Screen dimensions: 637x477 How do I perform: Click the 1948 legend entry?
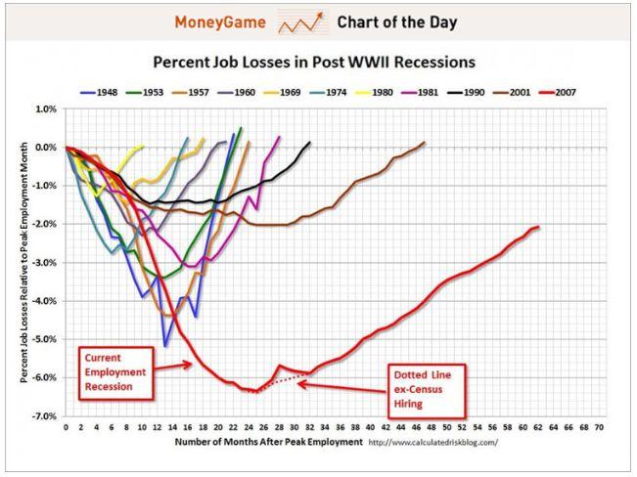[x=99, y=93]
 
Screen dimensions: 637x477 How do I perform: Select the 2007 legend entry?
[x=557, y=93]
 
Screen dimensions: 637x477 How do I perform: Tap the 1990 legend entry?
[x=466, y=93]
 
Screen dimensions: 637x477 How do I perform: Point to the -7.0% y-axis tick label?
[x=45, y=416]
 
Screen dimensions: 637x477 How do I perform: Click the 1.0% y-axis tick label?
[x=46, y=109]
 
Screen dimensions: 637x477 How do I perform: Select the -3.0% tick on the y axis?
[x=45, y=263]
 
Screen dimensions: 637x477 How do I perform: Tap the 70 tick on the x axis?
[x=599, y=427]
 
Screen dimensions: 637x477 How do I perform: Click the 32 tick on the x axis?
[x=309, y=427]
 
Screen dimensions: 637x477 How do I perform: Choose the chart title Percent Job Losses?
[x=314, y=63]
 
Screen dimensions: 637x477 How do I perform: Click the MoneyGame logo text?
[x=220, y=22]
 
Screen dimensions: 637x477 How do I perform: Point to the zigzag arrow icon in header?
[x=301, y=22]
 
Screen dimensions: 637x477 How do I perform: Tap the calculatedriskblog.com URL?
[x=432, y=442]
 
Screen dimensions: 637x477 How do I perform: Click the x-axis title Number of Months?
[x=268, y=442]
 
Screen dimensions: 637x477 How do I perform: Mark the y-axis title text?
[x=23, y=262]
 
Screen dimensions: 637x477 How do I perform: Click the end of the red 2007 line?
[x=539, y=227]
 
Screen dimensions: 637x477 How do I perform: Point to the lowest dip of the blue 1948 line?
[x=165, y=346]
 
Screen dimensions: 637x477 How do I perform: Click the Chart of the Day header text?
[x=397, y=22]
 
